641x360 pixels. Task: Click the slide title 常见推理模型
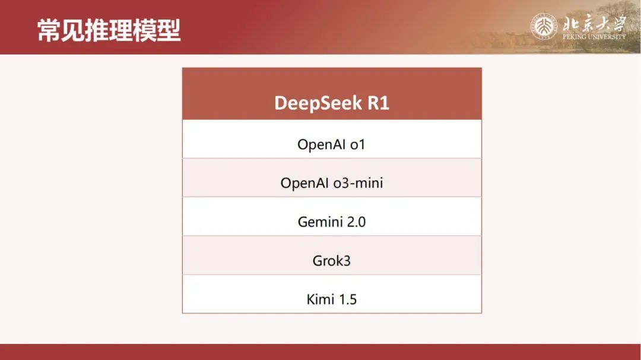click(x=109, y=30)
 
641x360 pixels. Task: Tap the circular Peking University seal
click(x=544, y=27)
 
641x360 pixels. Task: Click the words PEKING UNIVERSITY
click(x=594, y=37)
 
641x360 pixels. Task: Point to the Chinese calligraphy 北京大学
click(x=594, y=23)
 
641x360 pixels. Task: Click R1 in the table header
click(x=378, y=103)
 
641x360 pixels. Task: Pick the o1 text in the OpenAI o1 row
click(x=357, y=145)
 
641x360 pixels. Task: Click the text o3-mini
click(x=358, y=183)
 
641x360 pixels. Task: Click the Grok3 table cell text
click(x=332, y=261)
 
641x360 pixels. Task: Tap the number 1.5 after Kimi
click(x=347, y=300)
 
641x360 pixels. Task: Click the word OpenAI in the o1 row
click(x=321, y=145)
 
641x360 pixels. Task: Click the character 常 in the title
click(x=49, y=30)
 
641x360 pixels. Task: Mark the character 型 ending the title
click(x=169, y=30)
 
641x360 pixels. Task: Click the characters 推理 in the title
click(x=109, y=30)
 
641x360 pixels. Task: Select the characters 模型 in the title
click(x=157, y=30)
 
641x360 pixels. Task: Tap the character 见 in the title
click(x=73, y=30)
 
